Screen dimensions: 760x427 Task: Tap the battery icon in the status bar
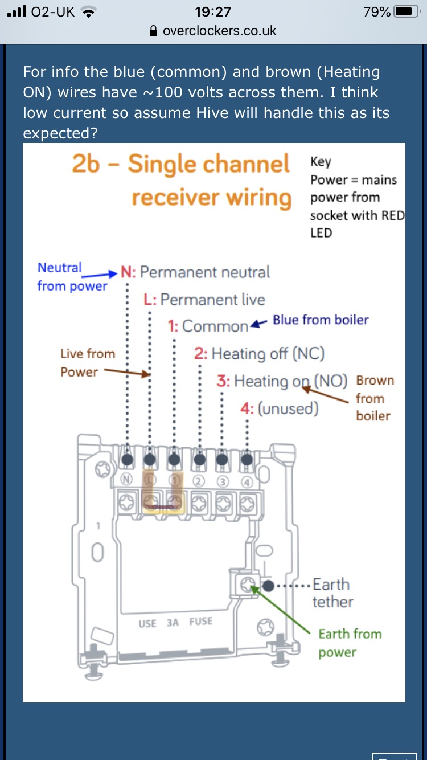[407, 11]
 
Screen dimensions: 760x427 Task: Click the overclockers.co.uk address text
[219, 31]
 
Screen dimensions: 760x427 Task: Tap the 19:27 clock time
[213, 11]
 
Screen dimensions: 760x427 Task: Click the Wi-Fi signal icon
[88, 11]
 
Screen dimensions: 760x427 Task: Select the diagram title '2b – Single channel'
[180, 165]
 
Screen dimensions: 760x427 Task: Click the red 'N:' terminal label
[128, 272]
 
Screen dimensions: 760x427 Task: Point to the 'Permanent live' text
[213, 300]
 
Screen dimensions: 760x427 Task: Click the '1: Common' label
[208, 326]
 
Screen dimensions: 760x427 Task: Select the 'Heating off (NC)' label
[268, 354]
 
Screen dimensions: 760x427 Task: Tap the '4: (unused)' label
[280, 408]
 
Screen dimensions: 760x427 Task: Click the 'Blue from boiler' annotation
[321, 320]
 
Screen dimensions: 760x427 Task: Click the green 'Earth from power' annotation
[350, 643]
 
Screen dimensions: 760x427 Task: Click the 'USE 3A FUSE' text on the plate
[175, 623]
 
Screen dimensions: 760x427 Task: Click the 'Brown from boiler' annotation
[373, 398]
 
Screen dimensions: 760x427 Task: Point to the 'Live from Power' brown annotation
[88, 363]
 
